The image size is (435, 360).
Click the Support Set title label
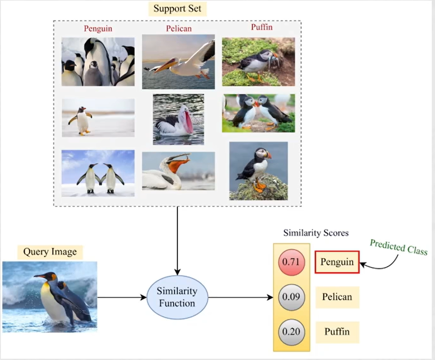[177, 8]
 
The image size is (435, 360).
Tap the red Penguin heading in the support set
[98, 28]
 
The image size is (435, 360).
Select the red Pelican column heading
[179, 28]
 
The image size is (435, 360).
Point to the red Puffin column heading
[261, 27]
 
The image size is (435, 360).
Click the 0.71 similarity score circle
[291, 262]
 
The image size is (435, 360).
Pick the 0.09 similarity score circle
[291, 297]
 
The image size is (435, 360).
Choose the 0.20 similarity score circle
[291, 332]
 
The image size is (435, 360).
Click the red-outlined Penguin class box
[337, 262]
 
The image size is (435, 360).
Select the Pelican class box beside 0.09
[337, 297]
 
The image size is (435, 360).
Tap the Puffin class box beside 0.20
[337, 332]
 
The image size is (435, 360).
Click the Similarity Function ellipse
[177, 297]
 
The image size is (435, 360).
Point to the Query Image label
[50, 252]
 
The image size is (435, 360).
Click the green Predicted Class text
[399, 247]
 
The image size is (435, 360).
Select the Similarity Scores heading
[316, 233]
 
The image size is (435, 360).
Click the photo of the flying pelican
[178, 61]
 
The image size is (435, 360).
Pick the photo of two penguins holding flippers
[98, 173]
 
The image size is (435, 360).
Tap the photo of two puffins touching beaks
[258, 113]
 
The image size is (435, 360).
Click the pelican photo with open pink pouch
[178, 119]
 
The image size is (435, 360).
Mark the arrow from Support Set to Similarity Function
[177, 241]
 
